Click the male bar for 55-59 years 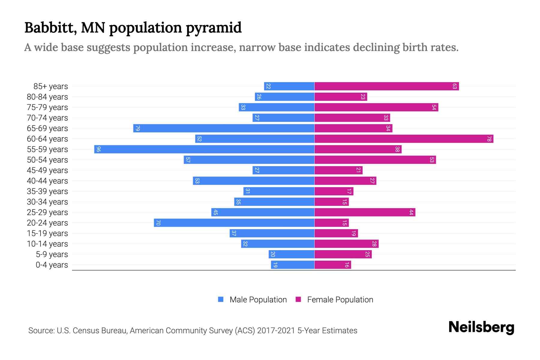tap(204, 149)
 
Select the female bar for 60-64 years tap(403, 139)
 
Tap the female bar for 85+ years tap(386, 86)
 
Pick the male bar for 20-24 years tap(234, 223)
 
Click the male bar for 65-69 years tap(223, 128)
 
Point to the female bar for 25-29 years tap(364, 212)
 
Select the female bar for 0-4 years tap(332, 265)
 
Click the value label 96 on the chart tap(98, 149)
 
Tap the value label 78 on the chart tap(489, 139)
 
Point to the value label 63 tap(454, 86)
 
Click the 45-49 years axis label tap(47, 170)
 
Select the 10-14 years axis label tap(47, 244)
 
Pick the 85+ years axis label tap(51, 86)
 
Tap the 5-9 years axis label tap(52, 254)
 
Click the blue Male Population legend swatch tap(221, 299)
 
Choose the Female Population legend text tap(340, 299)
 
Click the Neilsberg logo tap(481, 327)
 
